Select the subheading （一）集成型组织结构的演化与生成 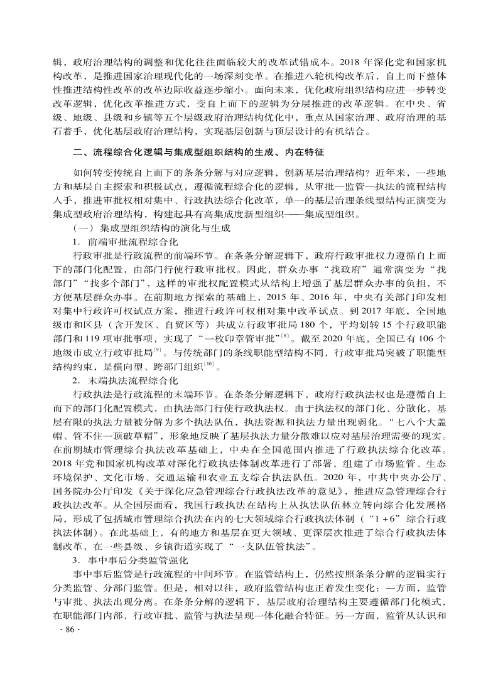(150, 228)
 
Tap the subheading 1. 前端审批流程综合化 (126, 242)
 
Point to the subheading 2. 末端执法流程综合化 (126, 380)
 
